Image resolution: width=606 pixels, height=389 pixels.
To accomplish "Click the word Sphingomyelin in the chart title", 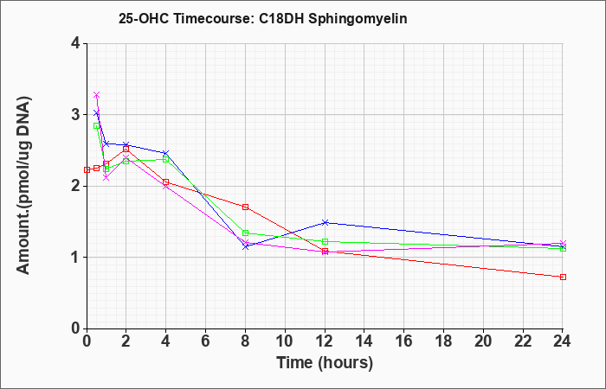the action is pos(358,19).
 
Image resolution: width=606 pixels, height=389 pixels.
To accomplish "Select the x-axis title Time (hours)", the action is pos(325,363).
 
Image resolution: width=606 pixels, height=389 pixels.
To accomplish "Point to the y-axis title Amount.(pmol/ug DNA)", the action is pos(24,186).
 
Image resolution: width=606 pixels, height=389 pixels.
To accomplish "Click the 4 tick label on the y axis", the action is pos(76,43).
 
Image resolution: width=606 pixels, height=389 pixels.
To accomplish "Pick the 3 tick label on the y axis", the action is pos(76,115).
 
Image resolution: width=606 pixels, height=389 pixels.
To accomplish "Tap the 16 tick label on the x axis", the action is pos(404,341).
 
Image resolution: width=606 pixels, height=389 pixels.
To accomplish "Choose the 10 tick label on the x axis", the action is pos(285,341).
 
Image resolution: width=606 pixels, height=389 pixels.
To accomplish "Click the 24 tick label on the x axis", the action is pos(563,341).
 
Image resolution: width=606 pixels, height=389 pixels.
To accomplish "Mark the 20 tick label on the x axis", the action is pos(483,341).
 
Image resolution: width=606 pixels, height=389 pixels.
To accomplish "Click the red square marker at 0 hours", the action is pos(87,169).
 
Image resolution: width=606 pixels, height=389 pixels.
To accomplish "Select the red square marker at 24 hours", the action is pos(563,277).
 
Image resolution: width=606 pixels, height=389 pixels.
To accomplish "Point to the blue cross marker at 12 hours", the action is pos(325,223).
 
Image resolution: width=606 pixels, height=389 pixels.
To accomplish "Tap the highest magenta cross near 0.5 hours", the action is pos(97,95).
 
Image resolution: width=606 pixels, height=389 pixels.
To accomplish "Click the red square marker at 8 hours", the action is pos(245,207).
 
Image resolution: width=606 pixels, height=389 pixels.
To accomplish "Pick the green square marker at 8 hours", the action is pos(245,233).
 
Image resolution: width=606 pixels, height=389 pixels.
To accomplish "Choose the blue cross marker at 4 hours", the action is pos(166,154).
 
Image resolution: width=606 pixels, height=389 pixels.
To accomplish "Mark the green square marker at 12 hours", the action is pos(325,241).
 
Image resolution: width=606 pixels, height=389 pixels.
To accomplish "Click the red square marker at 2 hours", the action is pos(126,149).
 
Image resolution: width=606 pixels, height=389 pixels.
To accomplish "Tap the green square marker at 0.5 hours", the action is pos(97,126).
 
